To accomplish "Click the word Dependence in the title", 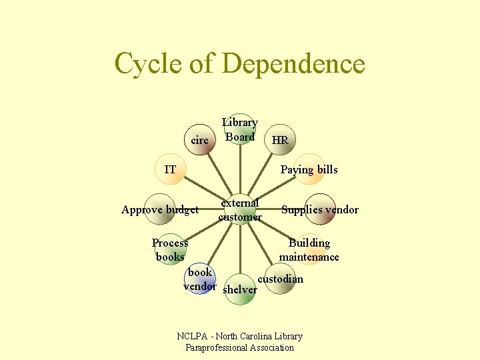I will coord(293,64).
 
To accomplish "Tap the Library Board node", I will coord(239,129).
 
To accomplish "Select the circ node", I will coord(200,140).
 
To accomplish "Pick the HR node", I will coord(280,140).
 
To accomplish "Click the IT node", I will coord(170,169).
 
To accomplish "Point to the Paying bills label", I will coord(309,169).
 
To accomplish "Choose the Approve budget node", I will coord(160,209).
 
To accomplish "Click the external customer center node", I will coord(240,209).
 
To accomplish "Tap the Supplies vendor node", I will coord(319,209).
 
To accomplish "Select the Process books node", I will coord(170,249).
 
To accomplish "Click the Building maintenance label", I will coord(309,249).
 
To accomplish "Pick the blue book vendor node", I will coord(199,279).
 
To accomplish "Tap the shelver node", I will coord(239,289).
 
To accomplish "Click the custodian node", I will coord(280,279).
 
